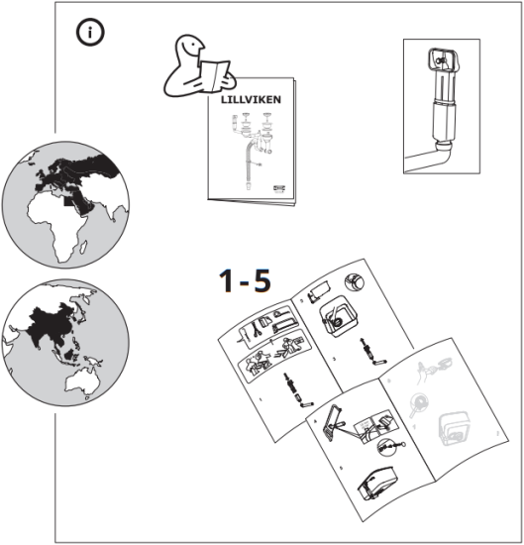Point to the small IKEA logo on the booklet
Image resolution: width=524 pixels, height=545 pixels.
[x=274, y=182]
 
